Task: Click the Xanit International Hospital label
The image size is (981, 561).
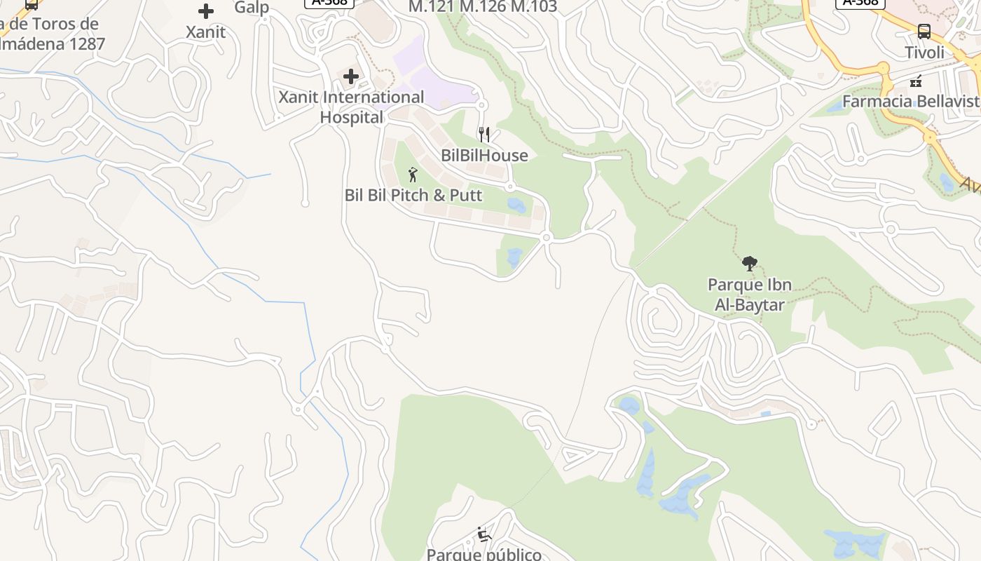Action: coord(351,107)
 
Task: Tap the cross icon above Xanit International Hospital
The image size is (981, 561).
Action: coord(351,76)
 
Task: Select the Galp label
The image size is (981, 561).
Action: coord(252,8)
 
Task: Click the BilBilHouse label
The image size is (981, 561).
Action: coord(484,155)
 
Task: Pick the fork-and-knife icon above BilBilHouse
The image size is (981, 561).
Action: coord(484,135)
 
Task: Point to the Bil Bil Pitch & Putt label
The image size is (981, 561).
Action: coord(413,195)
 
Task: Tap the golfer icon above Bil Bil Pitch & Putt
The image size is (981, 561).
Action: coord(413,175)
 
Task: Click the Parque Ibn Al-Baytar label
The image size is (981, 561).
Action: coord(749,295)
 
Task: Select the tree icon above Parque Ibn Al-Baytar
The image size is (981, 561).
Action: coord(749,264)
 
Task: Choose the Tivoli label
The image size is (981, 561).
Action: coord(924,53)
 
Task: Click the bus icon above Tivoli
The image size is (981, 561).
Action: coord(924,32)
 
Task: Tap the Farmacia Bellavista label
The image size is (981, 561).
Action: coord(911,101)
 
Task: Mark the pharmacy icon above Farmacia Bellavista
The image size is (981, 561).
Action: coord(915,81)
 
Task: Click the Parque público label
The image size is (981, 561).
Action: coord(484,554)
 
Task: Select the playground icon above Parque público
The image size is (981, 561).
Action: coord(483,534)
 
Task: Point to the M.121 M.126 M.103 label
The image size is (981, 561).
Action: coord(483,7)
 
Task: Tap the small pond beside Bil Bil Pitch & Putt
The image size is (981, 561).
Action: coord(516,205)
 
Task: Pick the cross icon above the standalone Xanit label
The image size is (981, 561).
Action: coord(206,11)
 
